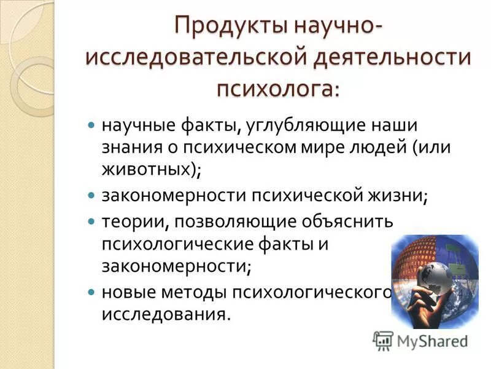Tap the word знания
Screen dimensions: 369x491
[133, 147]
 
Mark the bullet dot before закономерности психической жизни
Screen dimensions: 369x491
[91, 196]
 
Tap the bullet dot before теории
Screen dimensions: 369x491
[91, 220]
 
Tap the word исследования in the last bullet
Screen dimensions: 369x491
[166, 313]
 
